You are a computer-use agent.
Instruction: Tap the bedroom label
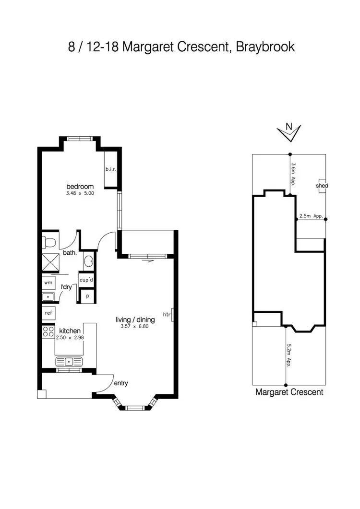tap(80, 186)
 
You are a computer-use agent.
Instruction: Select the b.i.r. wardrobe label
tap(111, 169)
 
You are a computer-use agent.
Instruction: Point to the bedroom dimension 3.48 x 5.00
tap(80, 194)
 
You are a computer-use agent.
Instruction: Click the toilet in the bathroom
tap(48, 241)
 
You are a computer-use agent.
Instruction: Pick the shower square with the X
tap(50, 262)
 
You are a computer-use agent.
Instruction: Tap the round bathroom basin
tap(89, 262)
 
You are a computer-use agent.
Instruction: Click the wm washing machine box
tap(49, 283)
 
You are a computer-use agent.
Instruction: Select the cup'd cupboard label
tap(86, 280)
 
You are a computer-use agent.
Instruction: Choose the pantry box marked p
tap(87, 296)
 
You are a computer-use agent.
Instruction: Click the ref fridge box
tap(49, 313)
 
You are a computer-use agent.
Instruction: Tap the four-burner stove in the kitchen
tap(48, 331)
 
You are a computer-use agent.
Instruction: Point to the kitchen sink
tap(69, 361)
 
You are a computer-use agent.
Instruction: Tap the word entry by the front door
tap(120, 383)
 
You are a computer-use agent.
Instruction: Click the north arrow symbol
tap(289, 132)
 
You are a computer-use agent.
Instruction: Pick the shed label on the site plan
tap(322, 185)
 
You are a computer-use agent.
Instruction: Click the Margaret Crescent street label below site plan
tap(289, 392)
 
